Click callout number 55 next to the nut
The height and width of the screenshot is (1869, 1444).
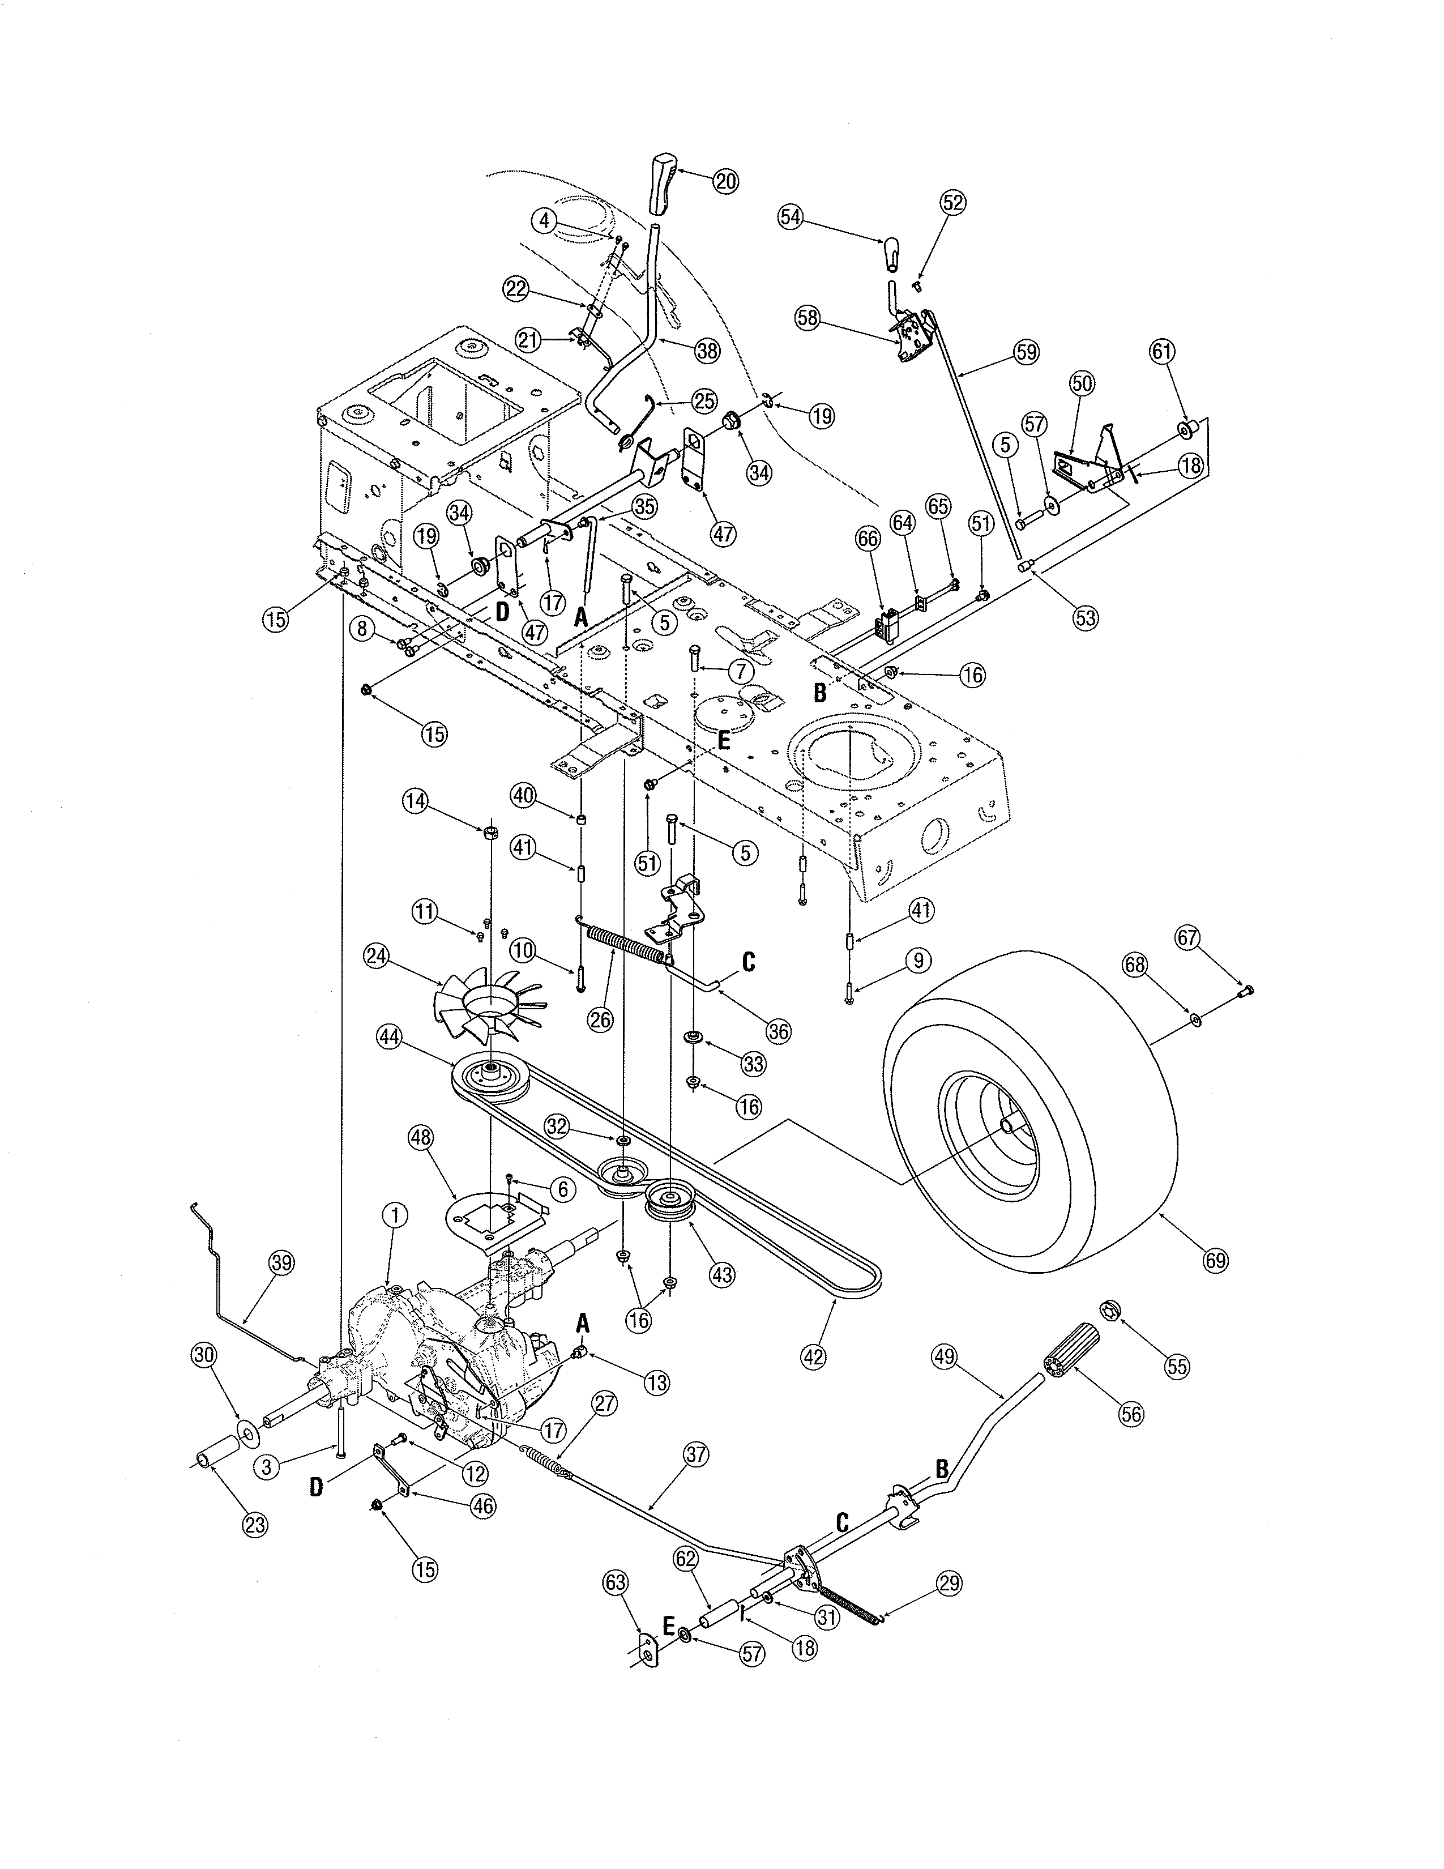(1177, 1366)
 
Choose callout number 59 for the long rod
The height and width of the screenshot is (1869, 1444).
(1025, 351)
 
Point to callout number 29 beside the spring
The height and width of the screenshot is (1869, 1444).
(949, 1583)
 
